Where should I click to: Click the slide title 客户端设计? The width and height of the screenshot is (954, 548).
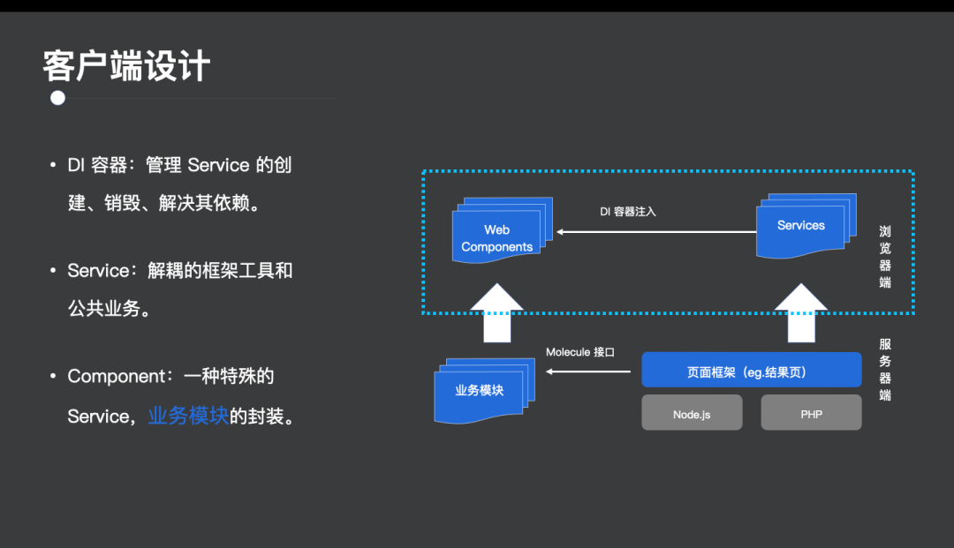pyautogui.click(x=126, y=66)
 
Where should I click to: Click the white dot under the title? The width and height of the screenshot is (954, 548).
pyautogui.click(x=58, y=98)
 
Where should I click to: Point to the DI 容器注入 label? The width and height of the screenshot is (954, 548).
pyautogui.click(x=628, y=212)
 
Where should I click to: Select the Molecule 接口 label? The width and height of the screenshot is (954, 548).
pyautogui.click(x=579, y=352)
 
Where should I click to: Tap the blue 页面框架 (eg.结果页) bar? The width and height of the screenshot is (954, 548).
pyautogui.click(x=751, y=372)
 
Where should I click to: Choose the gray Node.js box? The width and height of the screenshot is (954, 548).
pyautogui.click(x=692, y=413)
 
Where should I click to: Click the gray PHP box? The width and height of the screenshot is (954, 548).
pyautogui.click(x=811, y=413)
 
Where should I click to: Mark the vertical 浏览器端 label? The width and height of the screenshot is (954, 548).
pyautogui.click(x=885, y=257)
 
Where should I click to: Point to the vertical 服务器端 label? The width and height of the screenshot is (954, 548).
pyautogui.click(x=885, y=369)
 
